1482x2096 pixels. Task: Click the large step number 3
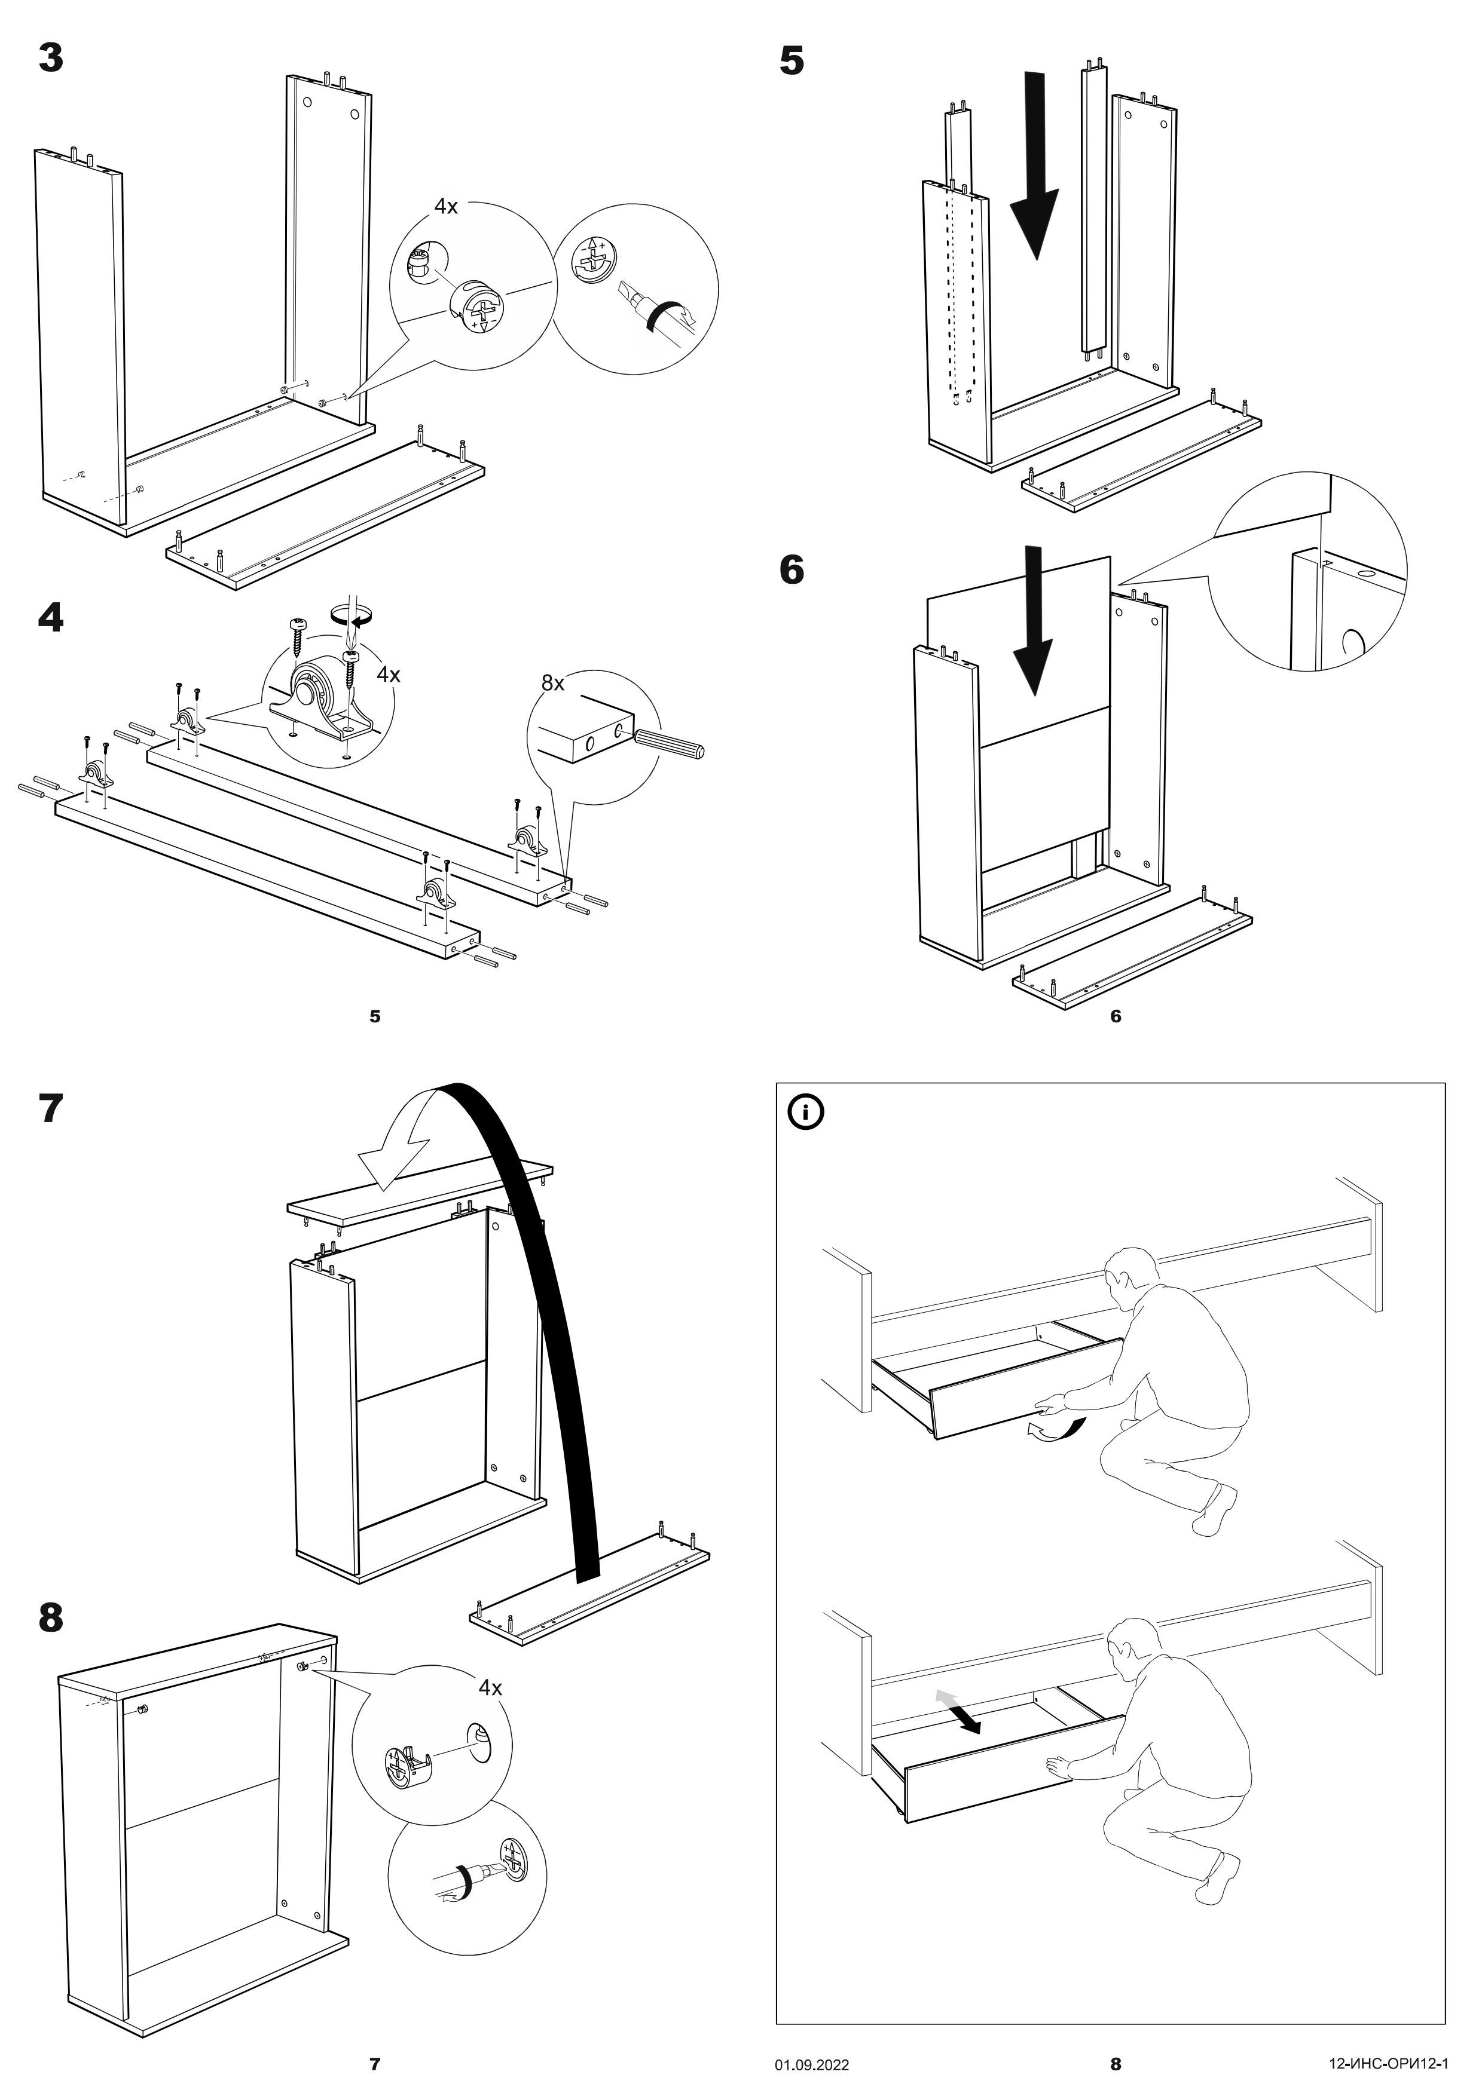pyautogui.click(x=51, y=59)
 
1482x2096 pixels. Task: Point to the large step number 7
pyautogui.click(x=51, y=1108)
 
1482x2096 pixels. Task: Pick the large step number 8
pyautogui.click(x=51, y=1617)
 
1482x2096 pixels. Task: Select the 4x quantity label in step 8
pyautogui.click(x=490, y=1688)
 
